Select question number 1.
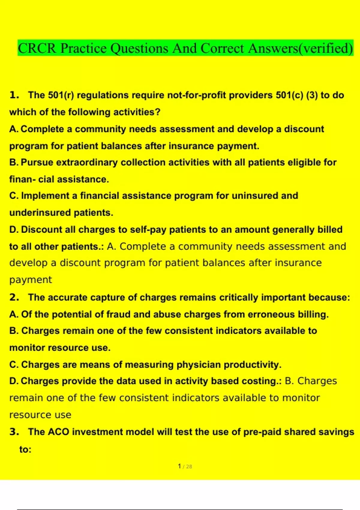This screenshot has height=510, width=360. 14,95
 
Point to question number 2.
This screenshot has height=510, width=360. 14,298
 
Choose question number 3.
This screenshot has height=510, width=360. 14,432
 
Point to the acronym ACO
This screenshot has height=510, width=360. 58,432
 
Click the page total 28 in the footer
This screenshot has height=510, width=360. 189,467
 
